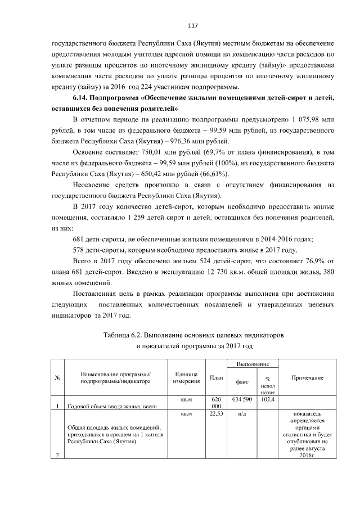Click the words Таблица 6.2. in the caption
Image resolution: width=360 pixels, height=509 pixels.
(123, 335)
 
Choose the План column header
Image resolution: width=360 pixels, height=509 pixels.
(216, 377)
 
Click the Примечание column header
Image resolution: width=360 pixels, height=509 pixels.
(307, 377)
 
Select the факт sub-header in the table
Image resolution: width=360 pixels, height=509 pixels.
(242, 381)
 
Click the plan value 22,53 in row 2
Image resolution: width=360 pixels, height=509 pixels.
(216, 414)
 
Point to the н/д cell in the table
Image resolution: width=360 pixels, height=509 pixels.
(242, 414)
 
